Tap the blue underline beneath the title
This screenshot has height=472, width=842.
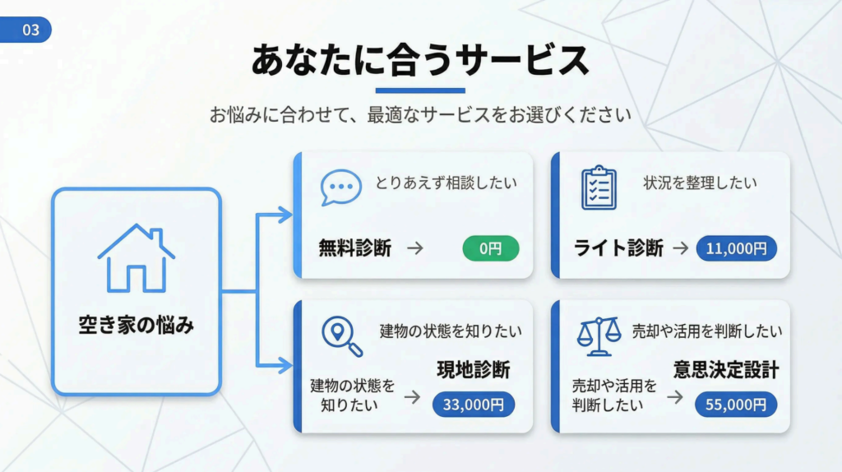click(x=420, y=90)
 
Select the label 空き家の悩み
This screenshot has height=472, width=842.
click(x=136, y=325)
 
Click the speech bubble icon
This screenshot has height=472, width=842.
click(x=340, y=188)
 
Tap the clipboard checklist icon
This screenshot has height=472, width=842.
click(x=599, y=187)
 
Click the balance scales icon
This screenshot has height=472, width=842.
click(x=599, y=335)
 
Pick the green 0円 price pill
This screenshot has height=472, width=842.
click(x=491, y=248)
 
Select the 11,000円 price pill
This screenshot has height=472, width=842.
click(x=736, y=248)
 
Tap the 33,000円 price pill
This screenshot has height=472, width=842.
click(x=473, y=404)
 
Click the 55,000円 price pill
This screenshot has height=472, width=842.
click(x=736, y=404)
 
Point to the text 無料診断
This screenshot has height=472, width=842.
click(x=355, y=248)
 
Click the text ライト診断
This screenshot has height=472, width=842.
click(x=618, y=248)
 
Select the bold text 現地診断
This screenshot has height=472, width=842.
click(x=473, y=370)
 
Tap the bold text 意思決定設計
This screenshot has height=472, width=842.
click(x=725, y=370)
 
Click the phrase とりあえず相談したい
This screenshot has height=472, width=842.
click(x=442, y=183)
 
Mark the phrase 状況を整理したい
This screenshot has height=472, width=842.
click(x=700, y=183)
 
